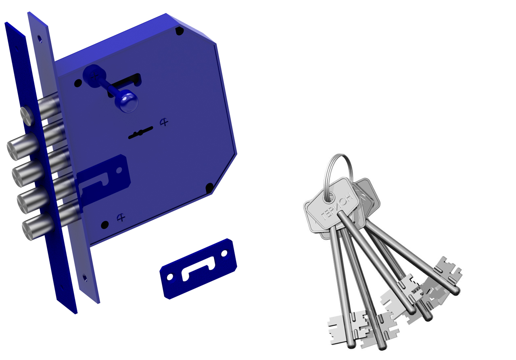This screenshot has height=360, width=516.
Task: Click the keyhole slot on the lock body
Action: [140, 133]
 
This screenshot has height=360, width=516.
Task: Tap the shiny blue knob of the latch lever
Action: [128, 101]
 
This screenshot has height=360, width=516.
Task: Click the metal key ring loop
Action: [338, 175]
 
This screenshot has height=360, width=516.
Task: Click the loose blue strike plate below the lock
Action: [198, 269]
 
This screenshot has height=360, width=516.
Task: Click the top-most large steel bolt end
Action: [22, 147]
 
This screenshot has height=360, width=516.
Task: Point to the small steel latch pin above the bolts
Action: [27, 115]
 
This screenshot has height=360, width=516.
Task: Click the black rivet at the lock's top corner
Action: [180, 31]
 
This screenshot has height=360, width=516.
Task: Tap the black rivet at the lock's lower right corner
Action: [209, 187]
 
